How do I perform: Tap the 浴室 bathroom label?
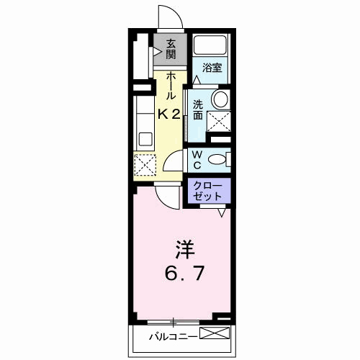[211, 68]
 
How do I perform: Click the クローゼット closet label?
[210, 191]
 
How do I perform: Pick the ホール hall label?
[171, 86]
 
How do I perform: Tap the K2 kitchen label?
[170, 113]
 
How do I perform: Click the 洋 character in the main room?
[179, 249]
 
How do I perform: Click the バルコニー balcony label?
[171, 336]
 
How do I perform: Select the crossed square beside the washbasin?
[219, 121]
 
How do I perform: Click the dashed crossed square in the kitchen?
[145, 165]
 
